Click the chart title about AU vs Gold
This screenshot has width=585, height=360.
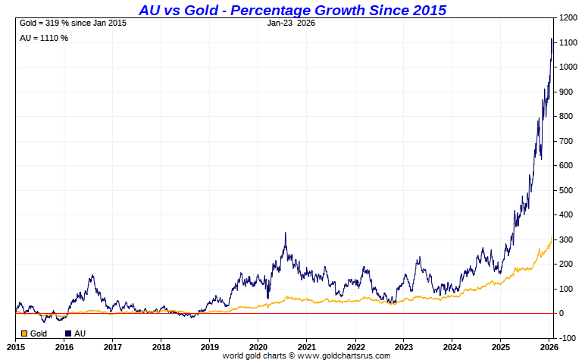click(292, 10)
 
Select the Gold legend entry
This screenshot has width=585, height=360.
click(33, 333)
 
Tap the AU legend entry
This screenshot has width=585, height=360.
click(75, 333)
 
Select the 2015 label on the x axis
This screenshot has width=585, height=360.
click(16, 346)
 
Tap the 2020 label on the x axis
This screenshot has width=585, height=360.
click(258, 346)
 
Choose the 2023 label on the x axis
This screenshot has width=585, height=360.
click(404, 346)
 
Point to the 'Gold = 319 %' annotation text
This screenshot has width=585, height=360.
click(72, 23)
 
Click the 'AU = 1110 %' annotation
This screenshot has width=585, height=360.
click(44, 38)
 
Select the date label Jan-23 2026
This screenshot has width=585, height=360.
click(291, 23)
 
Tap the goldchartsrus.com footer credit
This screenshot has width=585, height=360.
click(306, 355)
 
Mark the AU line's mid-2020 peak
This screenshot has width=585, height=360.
click(285, 233)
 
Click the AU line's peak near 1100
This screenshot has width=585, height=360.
click(551, 39)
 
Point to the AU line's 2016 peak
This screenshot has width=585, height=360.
click(92, 276)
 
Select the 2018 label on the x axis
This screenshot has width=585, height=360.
click(161, 346)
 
